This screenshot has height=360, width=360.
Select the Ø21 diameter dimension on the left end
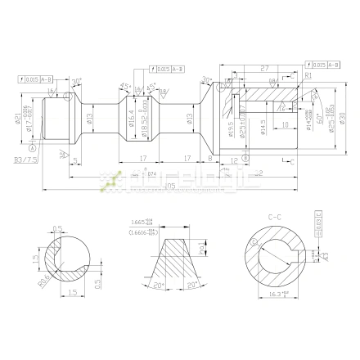coord(17,121)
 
